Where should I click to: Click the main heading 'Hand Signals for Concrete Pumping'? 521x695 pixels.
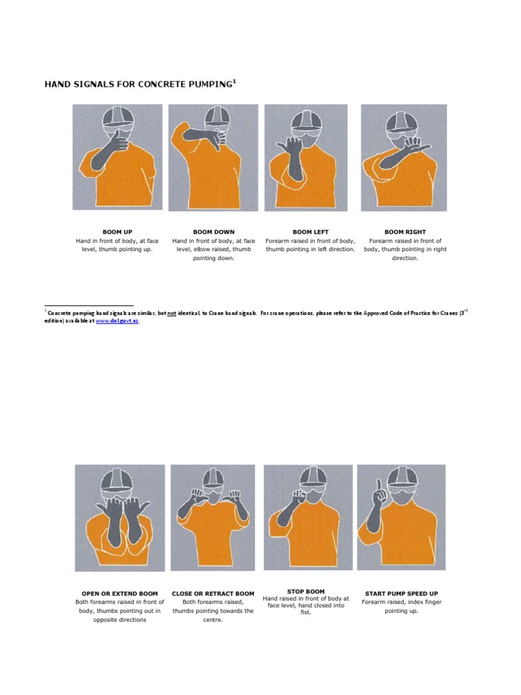[x=138, y=85]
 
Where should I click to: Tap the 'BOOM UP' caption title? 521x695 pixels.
[x=117, y=232]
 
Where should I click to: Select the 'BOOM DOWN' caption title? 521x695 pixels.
[x=214, y=232]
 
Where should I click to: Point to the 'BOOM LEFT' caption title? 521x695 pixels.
[x=310, y=232]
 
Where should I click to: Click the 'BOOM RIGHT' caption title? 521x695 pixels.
[x=405, y=232]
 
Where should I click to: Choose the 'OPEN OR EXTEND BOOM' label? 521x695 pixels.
[x=119, y=593]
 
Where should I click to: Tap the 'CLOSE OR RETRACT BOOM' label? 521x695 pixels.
[x=213, y=593]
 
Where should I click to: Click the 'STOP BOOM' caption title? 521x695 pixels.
[x=306, y=591]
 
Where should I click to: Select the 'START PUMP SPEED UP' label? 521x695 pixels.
[x=402, y=593]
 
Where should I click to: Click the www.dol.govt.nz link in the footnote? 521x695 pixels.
[x=117, y=321]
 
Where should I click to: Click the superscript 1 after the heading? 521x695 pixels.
[x=235, y=81]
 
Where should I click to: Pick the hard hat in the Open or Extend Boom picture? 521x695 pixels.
[x=119, y=478]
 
